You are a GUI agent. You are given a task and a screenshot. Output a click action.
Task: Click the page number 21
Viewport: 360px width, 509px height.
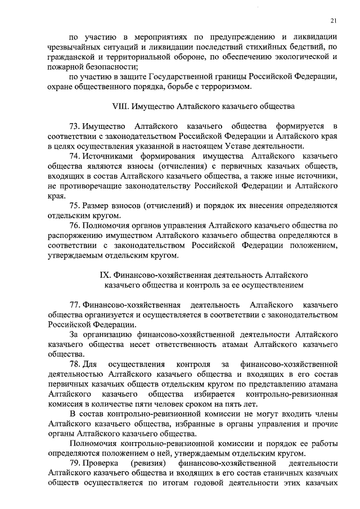pyautogui.click(x=334, y=21)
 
